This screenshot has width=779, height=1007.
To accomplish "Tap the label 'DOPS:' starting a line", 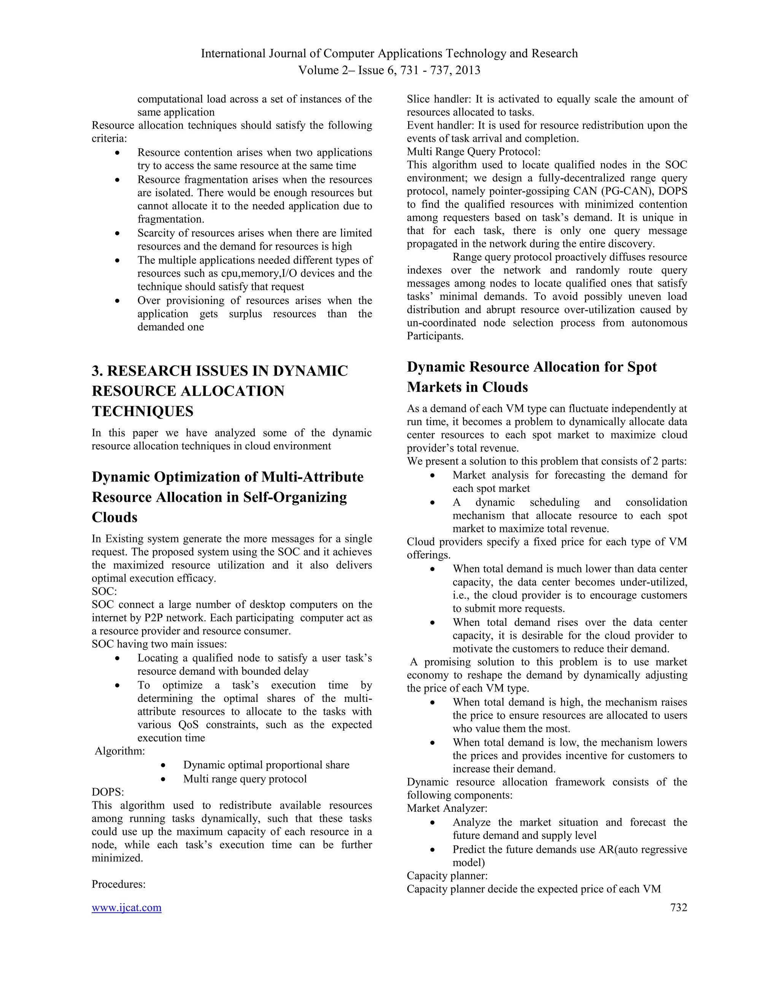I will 108,792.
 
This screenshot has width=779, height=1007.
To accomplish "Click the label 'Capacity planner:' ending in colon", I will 447,875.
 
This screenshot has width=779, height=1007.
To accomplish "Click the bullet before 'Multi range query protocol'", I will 163,779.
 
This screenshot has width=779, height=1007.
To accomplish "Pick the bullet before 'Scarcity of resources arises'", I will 118,233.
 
